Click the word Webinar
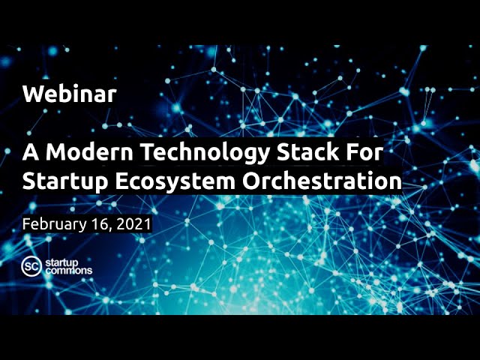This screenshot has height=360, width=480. pos(69,94)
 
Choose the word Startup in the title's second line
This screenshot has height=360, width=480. pos(62,182)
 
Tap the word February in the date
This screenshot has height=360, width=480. pos(56,224)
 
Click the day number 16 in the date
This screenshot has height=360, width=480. pos(105,223)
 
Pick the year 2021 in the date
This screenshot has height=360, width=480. pos(136,223)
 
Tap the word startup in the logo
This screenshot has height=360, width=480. pos(63,262)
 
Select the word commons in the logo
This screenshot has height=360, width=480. pos(69,271)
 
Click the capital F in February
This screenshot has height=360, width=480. pos(26,223)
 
